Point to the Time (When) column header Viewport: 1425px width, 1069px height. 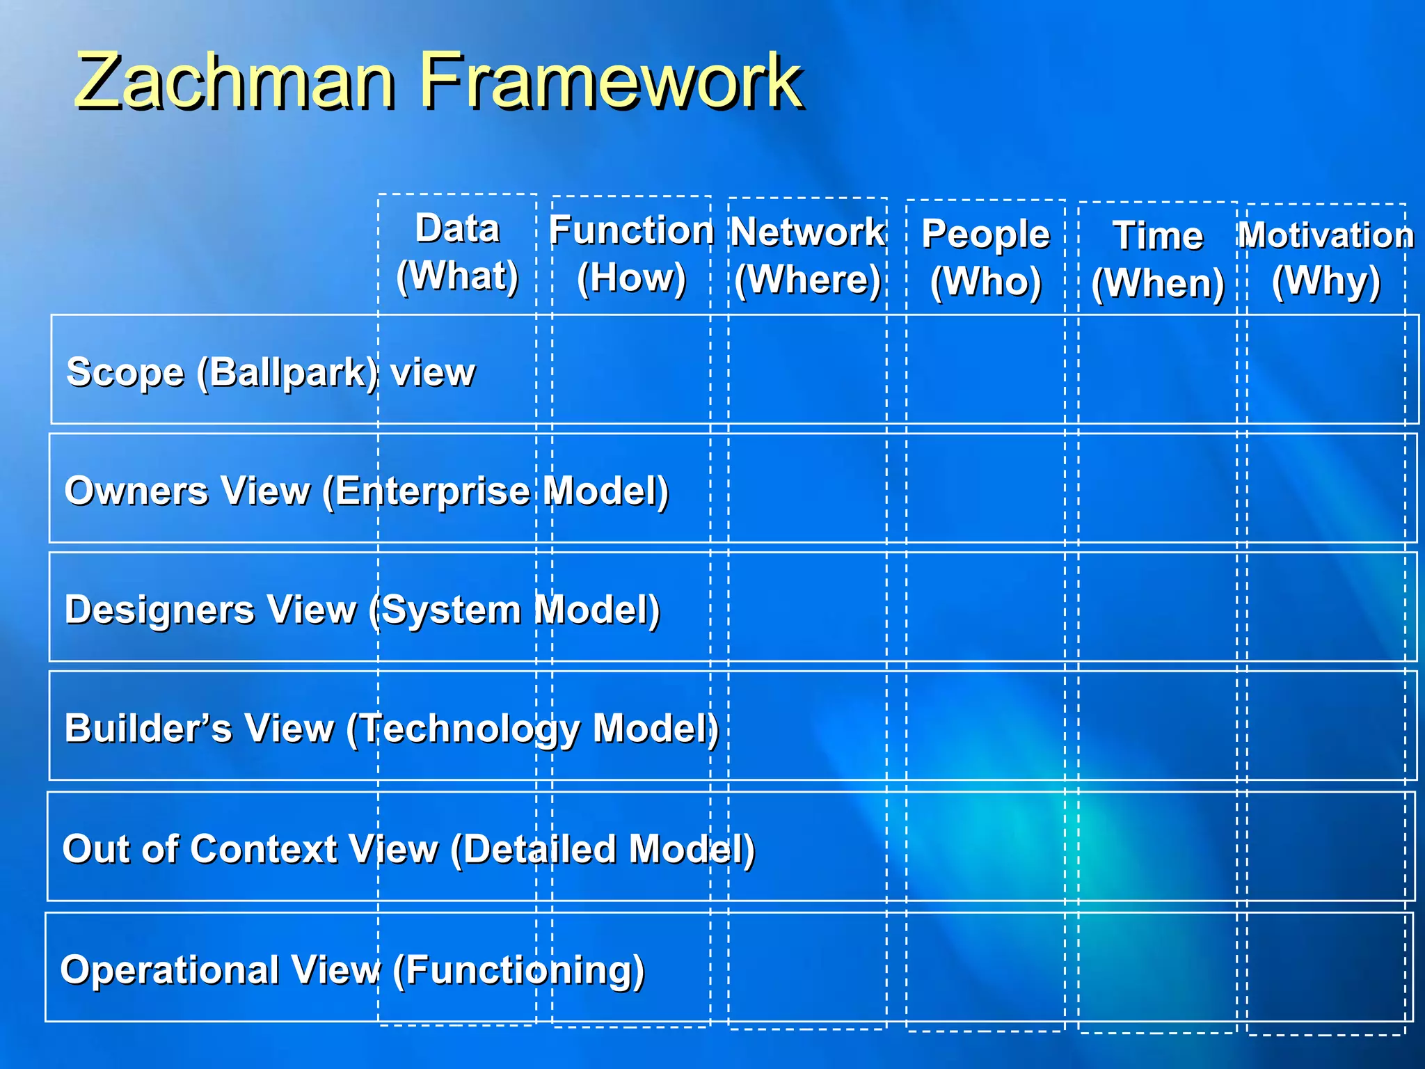(x=1158, y=260)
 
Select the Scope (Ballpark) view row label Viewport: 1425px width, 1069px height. (x=270, y=372)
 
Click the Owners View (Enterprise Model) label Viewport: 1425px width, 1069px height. (x=367, y=491)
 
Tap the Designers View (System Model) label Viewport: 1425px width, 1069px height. (x=362, y=610)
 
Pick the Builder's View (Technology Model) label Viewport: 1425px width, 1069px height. (x=391, y=729)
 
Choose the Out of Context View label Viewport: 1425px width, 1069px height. (x=408, y=849)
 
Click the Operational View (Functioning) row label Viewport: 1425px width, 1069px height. (x=352, y=969)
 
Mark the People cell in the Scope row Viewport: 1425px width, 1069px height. (x=985, y=370)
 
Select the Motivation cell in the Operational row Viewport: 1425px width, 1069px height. (x=1326, y=967)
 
